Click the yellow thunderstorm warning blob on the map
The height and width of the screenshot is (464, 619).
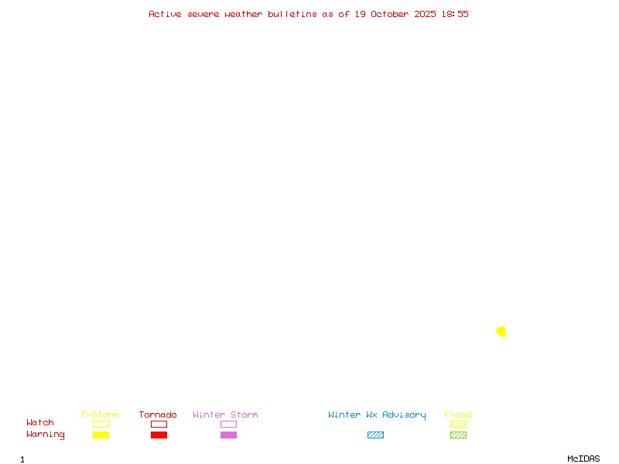click(x=501, y=332)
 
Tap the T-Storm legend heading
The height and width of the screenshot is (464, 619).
click(x=100, y=415)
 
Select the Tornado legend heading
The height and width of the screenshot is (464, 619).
click(x=158, y=415)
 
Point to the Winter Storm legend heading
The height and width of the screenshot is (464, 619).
click(x=225, y=415)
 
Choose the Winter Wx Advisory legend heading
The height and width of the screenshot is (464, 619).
click(x=377, y=415)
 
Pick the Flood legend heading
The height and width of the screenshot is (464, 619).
click(x=458, y=415)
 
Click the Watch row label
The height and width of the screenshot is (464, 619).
click(x=40, y=423)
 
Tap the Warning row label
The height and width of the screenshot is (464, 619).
click(x=46, y=435)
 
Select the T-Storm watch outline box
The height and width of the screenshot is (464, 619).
click(x=101, y=424)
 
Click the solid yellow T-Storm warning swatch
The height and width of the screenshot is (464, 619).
click(x=101, y=435)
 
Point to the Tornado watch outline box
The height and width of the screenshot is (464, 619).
click(x=159, y=424)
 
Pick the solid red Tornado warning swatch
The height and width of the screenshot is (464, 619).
click(x=159, y=435)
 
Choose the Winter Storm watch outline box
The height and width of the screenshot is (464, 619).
click(x=228, y=424)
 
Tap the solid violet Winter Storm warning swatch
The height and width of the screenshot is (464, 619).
click(x=228, y=435)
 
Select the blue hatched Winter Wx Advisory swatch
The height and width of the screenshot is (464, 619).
click(x=375, y=435)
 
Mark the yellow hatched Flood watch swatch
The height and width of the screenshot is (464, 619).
click(x=458, y=424)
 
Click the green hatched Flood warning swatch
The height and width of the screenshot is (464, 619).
click(x=458, y=435)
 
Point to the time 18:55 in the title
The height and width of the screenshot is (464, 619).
click(x=455, y=14)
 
